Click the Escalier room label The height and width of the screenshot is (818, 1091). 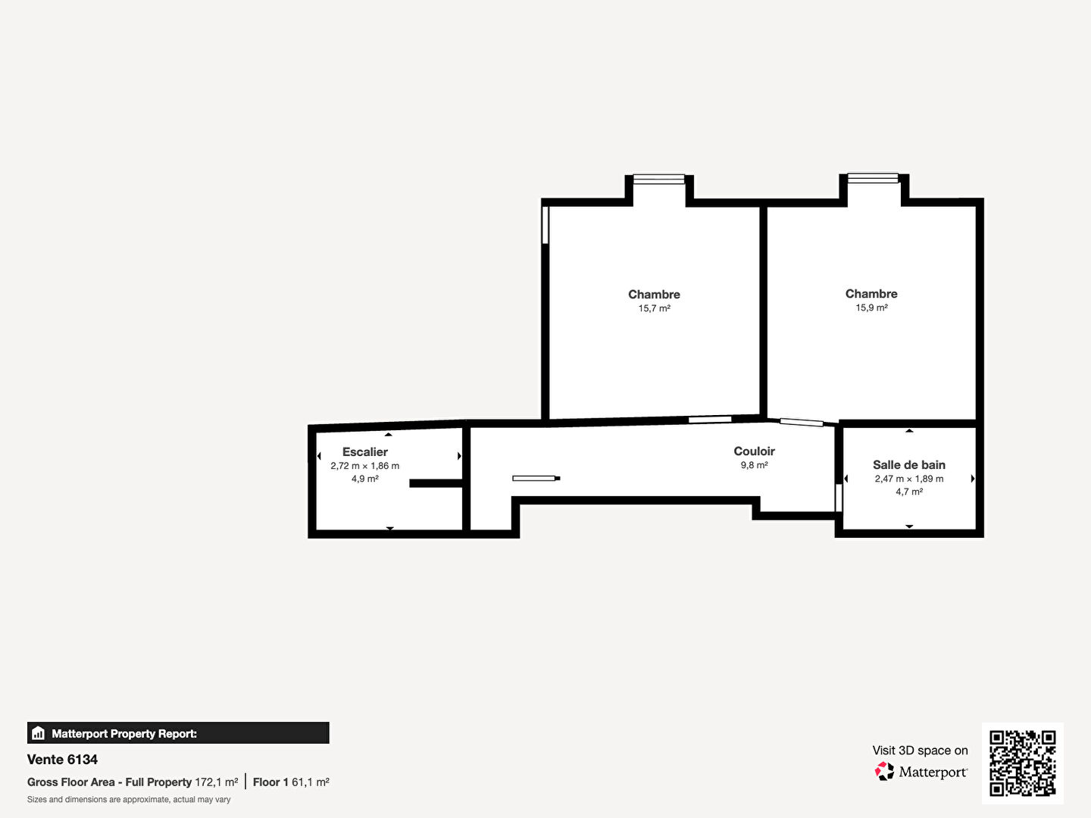[x=365, y=452]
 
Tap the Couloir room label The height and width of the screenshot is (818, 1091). [x=754, y=451]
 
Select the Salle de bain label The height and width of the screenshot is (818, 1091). [x=909, y=465]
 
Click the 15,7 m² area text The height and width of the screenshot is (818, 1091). [x=654, y=308]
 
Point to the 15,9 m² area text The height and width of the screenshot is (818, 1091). [x=871, y=308]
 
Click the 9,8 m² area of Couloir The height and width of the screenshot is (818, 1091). [x=754, y=465]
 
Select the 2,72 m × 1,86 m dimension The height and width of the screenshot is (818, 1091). [x=365, y=466]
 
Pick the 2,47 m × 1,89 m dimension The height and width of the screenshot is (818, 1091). [x=909, y=479]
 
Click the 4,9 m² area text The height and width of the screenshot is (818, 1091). [x=365, y=479]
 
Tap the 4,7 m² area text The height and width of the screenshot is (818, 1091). [x=909, y=492]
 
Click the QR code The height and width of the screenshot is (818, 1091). [x=1022, y=763]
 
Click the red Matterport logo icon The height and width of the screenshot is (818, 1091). [x=883, y=771]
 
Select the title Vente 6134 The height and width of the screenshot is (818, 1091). [x=62, y=760]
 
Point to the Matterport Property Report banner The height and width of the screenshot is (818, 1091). [x=178, y=733]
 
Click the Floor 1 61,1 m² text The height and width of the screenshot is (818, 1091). [x=291, y=782]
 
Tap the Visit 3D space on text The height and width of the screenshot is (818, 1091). [x=920, y=751]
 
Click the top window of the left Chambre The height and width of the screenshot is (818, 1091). [x=658, y=179]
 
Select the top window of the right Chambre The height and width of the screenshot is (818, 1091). [x=873, y=178]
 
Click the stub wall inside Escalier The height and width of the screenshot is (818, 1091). [x=436, y=483]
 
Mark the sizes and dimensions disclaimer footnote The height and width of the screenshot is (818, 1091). [x=129, y=800]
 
